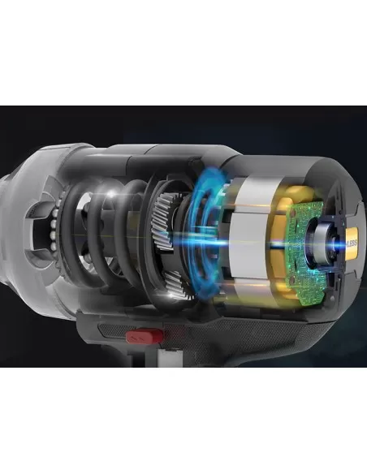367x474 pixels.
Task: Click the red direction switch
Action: tap(140, 334)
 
